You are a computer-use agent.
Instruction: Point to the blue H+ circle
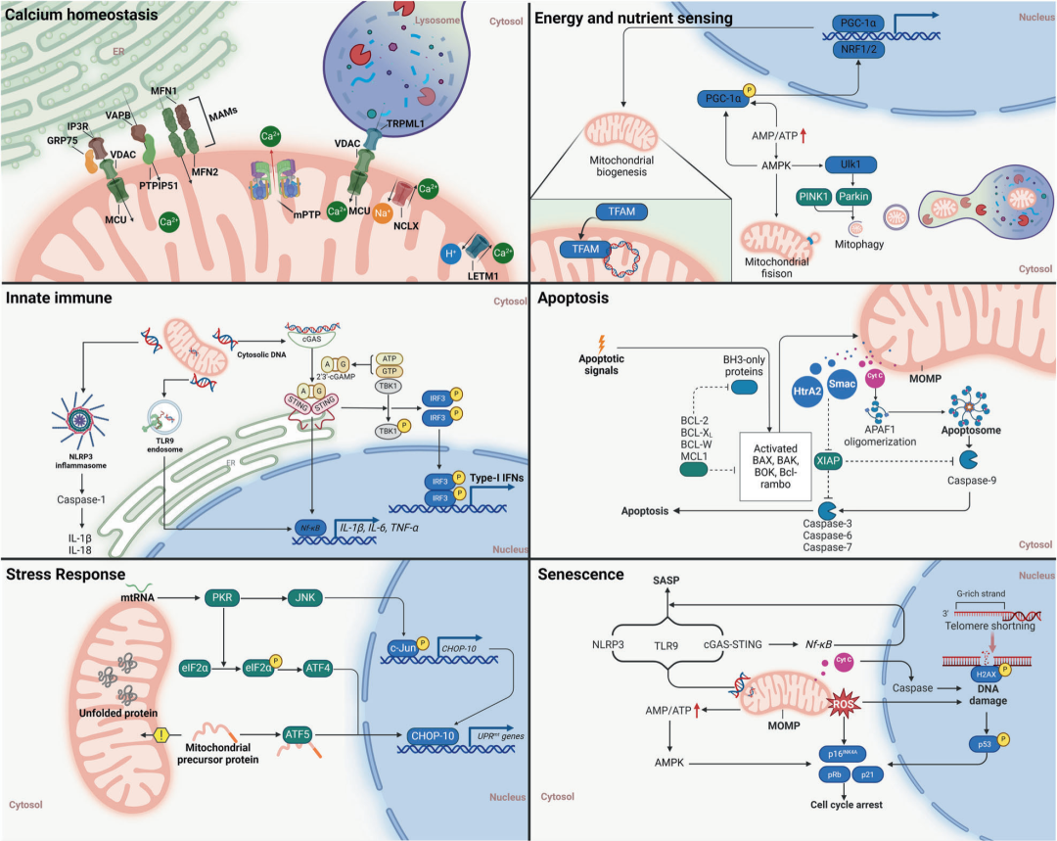[x=451, y=253]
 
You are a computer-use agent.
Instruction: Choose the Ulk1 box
[x=850, y=165]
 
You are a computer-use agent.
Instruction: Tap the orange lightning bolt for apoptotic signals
[x=601, y=344]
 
